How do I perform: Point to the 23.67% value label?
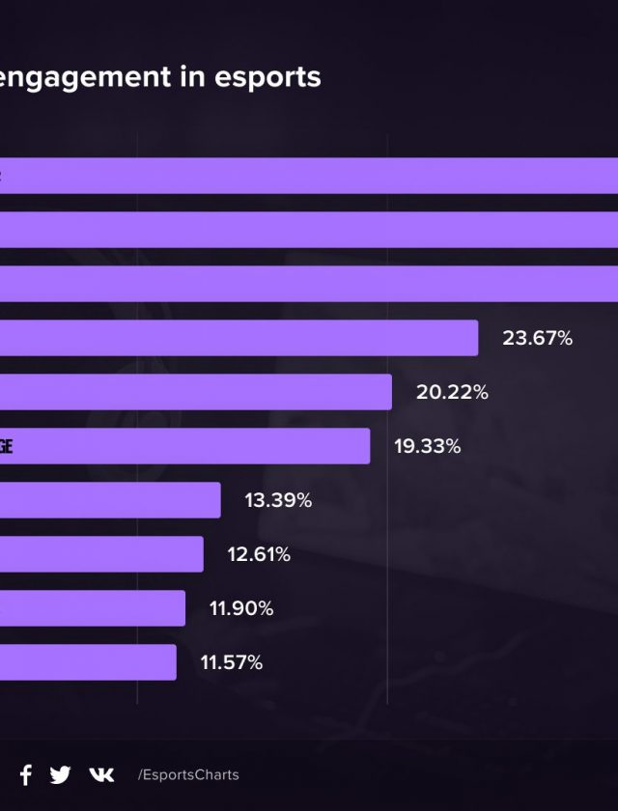coord(537,339)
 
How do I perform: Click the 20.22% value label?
coord(452,393)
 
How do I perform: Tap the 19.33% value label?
coord(427,447)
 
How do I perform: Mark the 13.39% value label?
coord(278,501)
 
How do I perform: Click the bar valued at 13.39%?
coord(110,500)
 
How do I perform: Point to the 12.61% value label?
coord(258,555)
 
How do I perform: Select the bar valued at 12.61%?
coord(101,554)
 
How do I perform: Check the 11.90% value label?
coord(241,609)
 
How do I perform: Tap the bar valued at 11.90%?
coord(93,608)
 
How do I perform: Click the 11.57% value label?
coord(231,663)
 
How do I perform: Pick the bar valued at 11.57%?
coord(88,662)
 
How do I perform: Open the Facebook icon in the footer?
coord(26,774)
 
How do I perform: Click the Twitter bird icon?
coord(60,774)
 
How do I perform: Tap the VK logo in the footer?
coord(101,774)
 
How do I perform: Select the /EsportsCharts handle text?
coord(188,775)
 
